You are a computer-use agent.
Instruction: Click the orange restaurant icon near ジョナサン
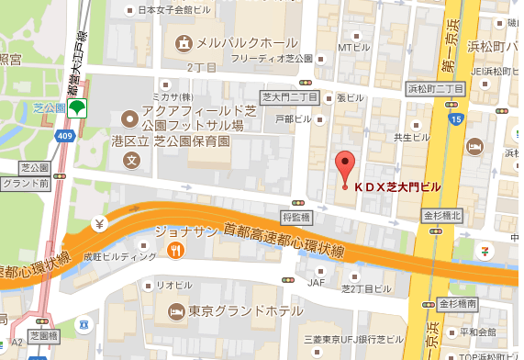(176, 248)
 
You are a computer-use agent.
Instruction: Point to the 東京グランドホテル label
(243, 311)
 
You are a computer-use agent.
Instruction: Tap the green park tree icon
(79, 107)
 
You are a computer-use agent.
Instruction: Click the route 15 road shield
(455, 119)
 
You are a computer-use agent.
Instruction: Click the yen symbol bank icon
(98, 223)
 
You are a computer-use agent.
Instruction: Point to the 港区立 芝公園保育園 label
(184, 141)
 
